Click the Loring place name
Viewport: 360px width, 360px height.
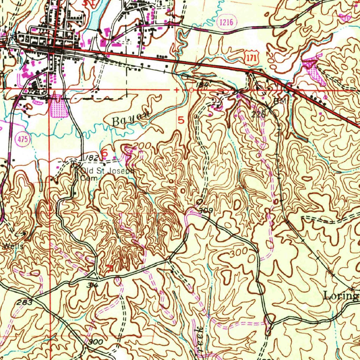[x=340, y=296]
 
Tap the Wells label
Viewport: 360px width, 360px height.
[x=13, y=246]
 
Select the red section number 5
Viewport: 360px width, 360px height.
[x=181, y=120]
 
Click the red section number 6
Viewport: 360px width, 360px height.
[x=104, y=153]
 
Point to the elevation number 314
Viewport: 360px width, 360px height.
[x=93, y=285]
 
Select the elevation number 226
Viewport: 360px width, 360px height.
[x=258, y=114]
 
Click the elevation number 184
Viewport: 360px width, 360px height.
[x=203, y=85]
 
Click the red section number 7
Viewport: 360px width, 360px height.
[x=109, y=269]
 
